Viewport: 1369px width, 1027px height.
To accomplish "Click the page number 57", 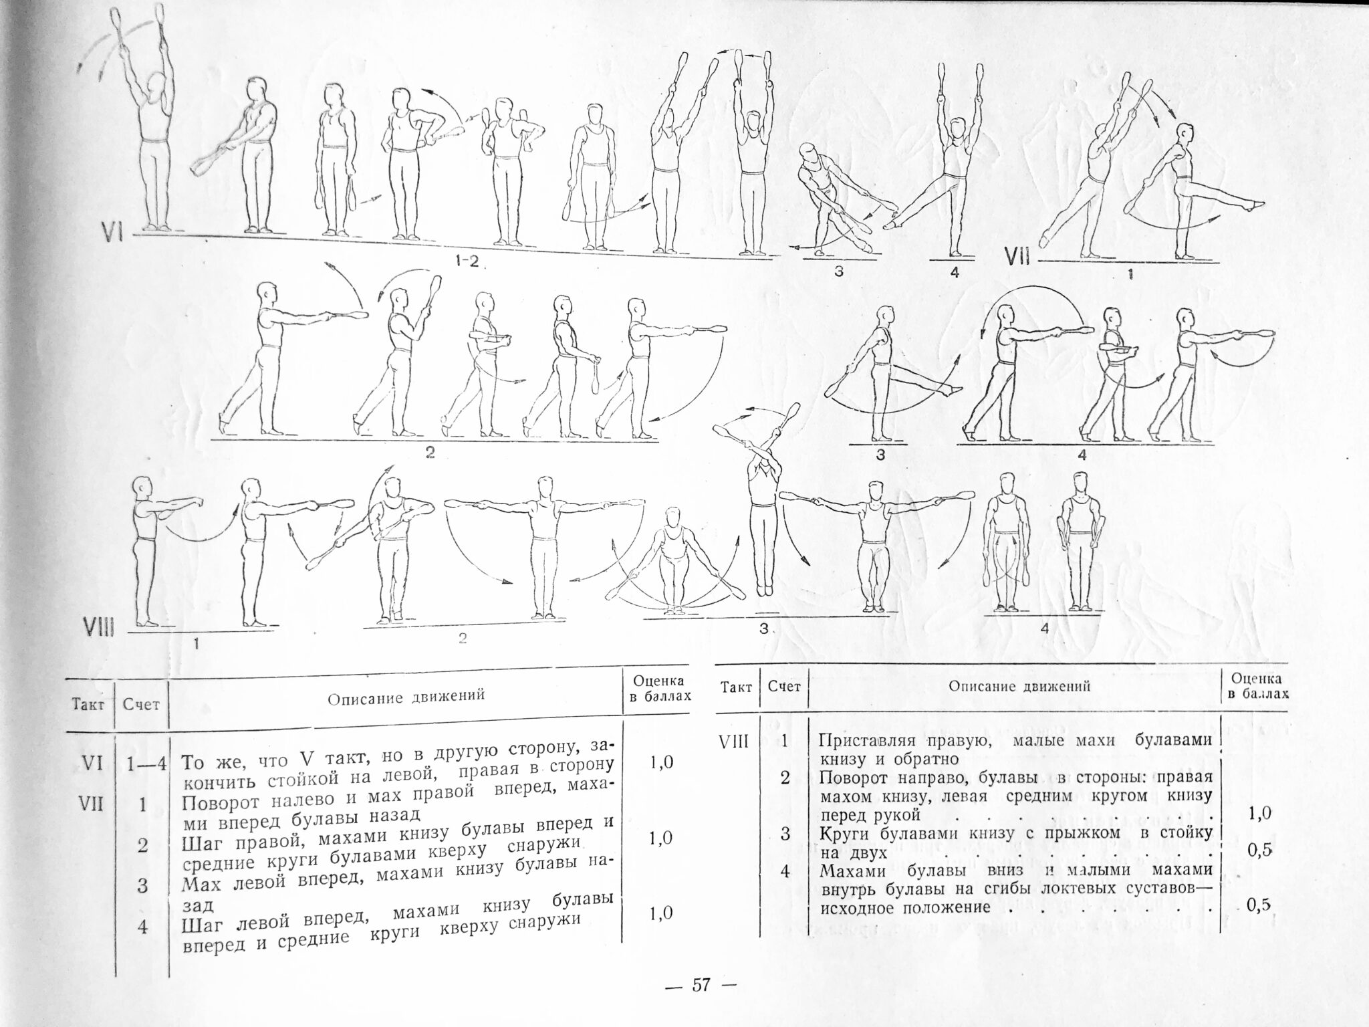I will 700,985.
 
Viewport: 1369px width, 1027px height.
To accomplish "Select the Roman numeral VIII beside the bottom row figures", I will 99,627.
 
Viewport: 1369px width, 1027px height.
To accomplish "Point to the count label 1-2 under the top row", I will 467,261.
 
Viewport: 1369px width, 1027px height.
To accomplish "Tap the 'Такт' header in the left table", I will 89,705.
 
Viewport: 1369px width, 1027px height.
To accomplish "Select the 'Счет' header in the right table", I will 783,686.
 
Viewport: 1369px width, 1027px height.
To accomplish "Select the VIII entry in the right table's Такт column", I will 736,741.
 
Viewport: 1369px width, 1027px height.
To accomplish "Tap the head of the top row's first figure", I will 158,85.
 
